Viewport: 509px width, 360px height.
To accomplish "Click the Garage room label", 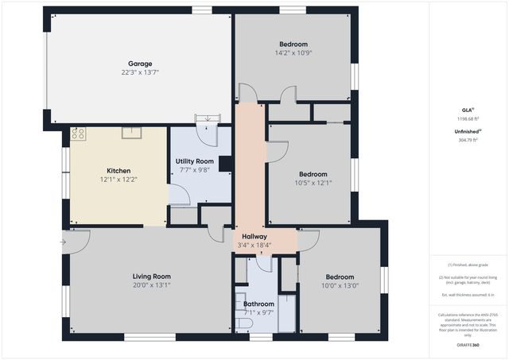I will [140, 64].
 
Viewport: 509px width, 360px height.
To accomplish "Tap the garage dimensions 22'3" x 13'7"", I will [140, 72].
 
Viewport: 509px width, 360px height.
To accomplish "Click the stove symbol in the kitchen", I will [78, 134].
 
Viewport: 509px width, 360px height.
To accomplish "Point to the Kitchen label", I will [119, 170].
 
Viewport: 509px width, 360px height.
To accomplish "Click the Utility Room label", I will [194, 161].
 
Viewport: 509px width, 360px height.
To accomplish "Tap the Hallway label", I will [254, 236].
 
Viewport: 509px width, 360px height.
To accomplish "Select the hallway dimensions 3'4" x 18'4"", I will [254, 245].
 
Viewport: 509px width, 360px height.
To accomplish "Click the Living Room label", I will [151, 276].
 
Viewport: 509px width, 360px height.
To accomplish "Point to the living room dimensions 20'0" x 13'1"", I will [151, 285].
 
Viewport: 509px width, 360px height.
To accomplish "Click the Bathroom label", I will [258, 304].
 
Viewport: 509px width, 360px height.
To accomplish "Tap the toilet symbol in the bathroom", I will [241, 305].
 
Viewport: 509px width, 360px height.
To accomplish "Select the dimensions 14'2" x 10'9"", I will [293, 53].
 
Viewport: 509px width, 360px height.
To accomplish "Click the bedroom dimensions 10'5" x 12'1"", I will [313, 183].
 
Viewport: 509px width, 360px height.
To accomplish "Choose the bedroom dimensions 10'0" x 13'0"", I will [340, 286].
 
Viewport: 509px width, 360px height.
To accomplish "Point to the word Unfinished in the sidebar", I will [464, 131].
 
